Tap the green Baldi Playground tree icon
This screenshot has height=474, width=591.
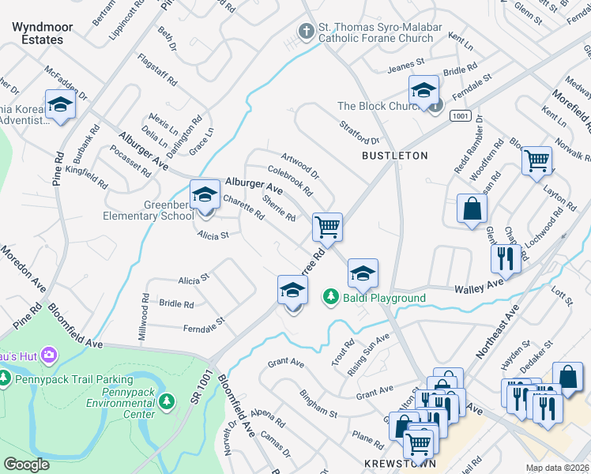(330, 297)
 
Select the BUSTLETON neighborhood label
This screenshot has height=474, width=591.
(394, 156)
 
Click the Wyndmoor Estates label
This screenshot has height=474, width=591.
(43, 33)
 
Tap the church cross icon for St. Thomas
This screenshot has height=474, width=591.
(307, 31)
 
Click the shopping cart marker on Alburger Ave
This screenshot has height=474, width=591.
(327, 228)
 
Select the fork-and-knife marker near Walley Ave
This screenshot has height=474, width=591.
(503, 257)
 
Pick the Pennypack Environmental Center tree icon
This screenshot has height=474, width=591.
(166, 402)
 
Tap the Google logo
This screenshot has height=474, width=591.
(26, 465)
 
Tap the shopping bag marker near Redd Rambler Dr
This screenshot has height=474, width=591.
(472, 209)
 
